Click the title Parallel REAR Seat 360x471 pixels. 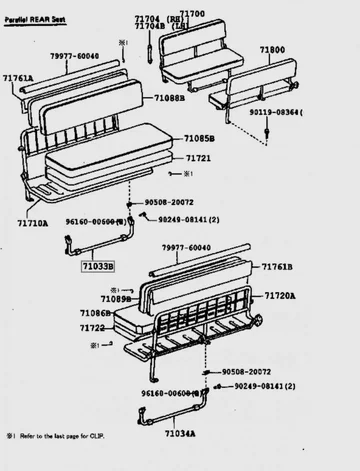[37, 7]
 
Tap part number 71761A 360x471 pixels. [18, 77]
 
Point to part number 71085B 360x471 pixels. [199, 139]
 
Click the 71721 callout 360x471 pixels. [198, 158]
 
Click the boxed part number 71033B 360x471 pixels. [98, 267]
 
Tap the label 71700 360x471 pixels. [192, 15]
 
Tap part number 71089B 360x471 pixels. [116, 299]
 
